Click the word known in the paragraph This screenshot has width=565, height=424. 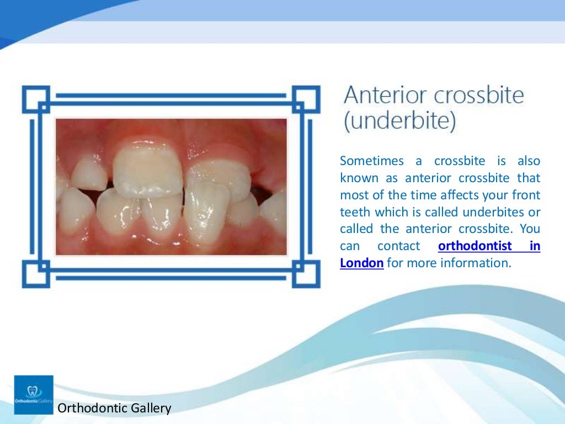tap(359, 178)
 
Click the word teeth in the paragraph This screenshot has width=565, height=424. tap(355, 213)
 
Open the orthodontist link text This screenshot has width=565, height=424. tap(475, 246)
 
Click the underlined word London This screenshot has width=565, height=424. tap(361, 263)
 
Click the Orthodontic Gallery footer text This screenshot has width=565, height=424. tap(115, 409)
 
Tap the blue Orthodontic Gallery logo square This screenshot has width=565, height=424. tap(34, 395)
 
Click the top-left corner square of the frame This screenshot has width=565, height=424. tap(36, 99)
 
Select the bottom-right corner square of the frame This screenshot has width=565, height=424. tap(306, 274)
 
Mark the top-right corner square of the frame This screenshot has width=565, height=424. tap(306, 99)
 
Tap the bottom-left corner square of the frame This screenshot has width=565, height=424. tap(36, 274)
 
